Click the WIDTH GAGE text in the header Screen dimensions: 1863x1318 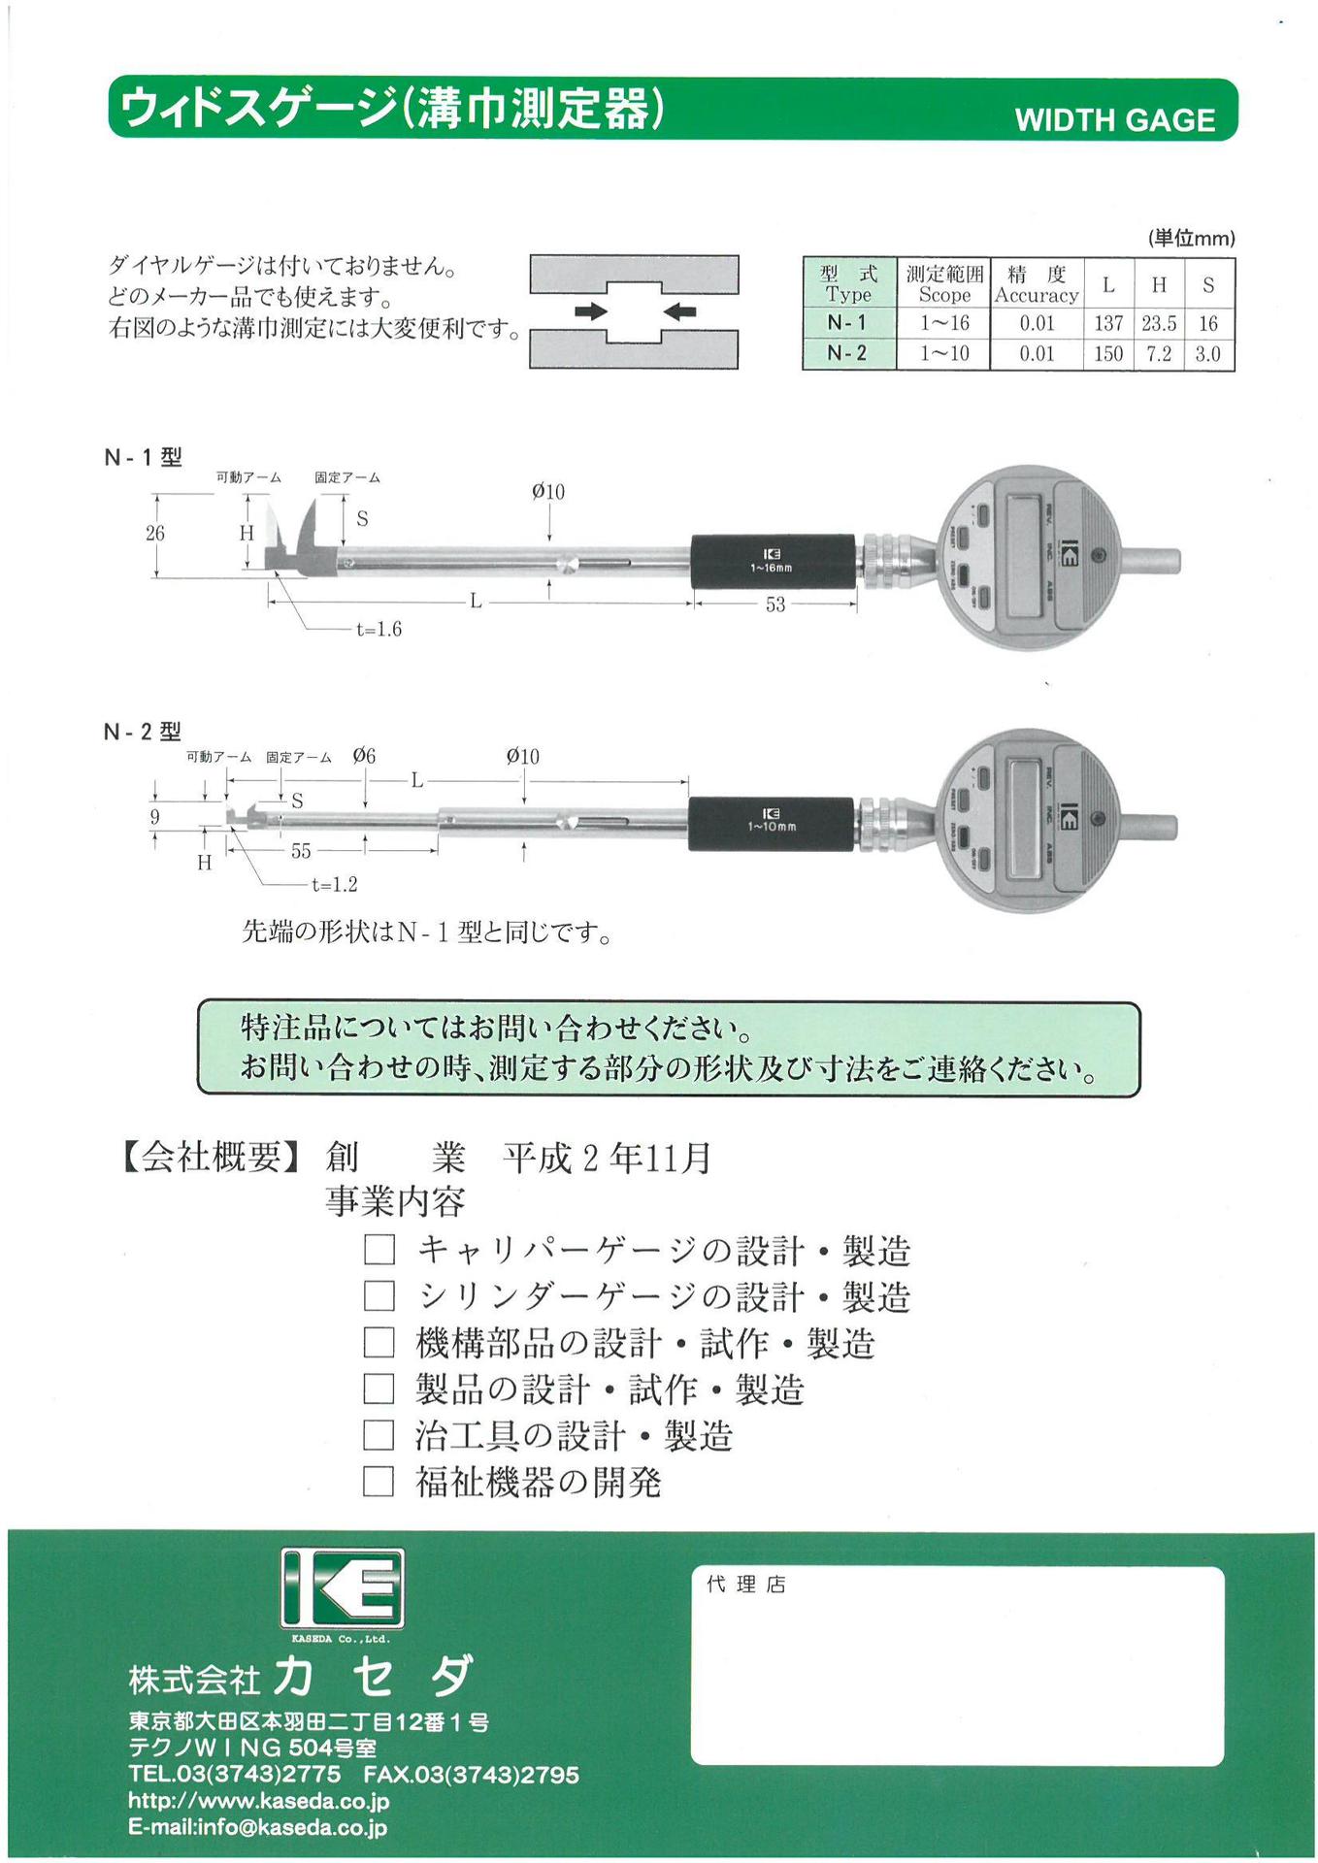pyautogui.click(x=1114, y=119)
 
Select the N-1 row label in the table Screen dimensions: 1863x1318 pyautogui.click(x=846, y=323)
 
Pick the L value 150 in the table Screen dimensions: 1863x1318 pyautogui.click(x=1108, y=353)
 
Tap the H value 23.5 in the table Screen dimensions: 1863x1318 pyautogui.click(x=1159, y=323)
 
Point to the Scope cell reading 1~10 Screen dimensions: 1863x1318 pyautogui.click(x=944, y=353)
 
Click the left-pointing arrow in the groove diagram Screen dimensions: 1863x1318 pyautogui.click(x=680, y=311)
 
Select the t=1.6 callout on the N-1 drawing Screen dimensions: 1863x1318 pyautogui.click(x=379, y=630)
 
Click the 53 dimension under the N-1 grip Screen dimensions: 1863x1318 pyautogui.click(x=774, y=605)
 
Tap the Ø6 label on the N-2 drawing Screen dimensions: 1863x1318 pyautogui.click(x=364, y=756)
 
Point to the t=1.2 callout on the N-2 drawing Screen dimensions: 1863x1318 pyautogui.click(x=335, y=885)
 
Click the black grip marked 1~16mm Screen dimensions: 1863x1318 pyautogui.click(x=773, y=561)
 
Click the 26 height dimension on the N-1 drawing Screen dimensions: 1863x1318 pyautogui.click(x=155, y=533)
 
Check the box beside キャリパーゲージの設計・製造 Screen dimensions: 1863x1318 pyautogui.click(x=379, y=1250)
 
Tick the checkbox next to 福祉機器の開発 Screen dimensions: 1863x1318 pyautogui.click(x=379, y=1482)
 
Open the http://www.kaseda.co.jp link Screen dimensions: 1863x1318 pyautogui.click(x=259, y=1801)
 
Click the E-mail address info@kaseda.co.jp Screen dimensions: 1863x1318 pyautogui.click(x=258, y=1828)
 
